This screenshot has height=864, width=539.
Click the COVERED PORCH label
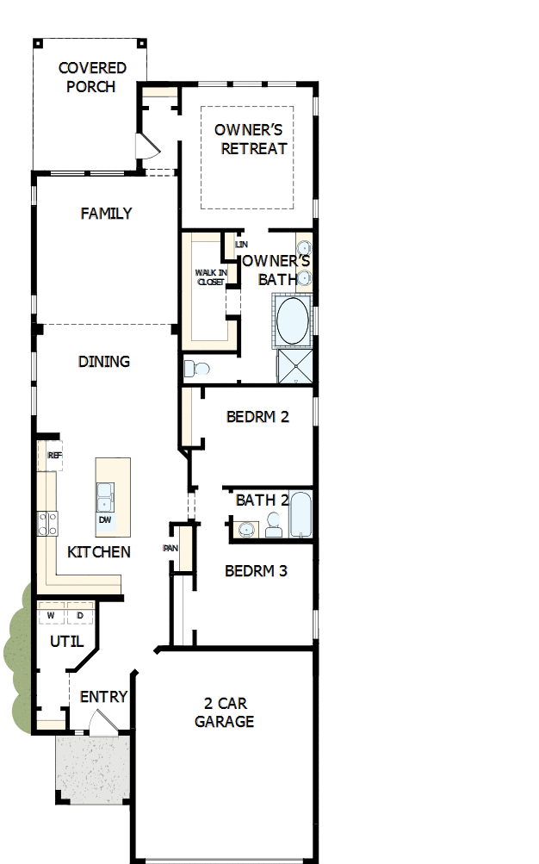point(91,78)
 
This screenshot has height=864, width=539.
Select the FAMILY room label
point(107,213)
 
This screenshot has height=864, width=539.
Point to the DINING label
point(104,361)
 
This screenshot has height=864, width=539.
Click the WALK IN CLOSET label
point(210,277)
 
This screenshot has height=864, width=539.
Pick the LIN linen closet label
point(241,245)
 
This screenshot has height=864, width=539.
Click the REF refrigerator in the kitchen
point(54,456)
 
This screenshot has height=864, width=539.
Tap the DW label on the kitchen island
point(105,519)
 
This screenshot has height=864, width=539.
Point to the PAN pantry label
point(170,548)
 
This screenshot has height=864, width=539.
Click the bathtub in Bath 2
point(300,516)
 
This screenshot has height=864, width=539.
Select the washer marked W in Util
point(51,615)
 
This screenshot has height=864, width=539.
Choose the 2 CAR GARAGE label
point(225,713)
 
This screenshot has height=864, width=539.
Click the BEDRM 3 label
point(256,570)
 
